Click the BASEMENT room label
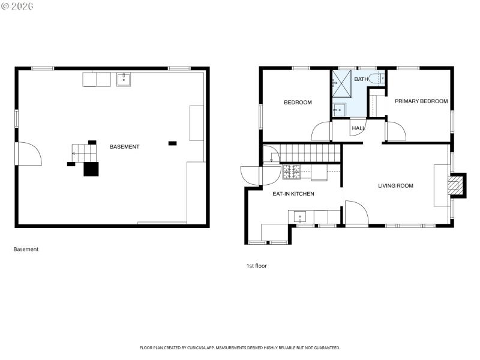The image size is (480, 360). (125, 147)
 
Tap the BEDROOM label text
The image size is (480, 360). (298, 103)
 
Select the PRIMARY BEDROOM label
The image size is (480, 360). (421, 101)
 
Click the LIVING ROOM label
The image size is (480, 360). (395, 186)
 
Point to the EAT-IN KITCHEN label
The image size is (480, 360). (293, 194)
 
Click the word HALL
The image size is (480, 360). (358, 128)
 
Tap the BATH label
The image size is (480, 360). (361, 79)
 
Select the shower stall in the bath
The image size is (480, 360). (341, 83)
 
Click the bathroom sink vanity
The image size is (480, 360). (339, 110)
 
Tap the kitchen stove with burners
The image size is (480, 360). (291, 172)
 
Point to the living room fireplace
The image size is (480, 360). (457, 185)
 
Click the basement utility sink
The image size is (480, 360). (124, 79)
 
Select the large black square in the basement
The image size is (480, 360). (90, 169)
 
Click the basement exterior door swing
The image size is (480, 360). (28, 154)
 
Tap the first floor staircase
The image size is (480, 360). (303, 152)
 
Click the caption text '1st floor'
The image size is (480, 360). (256, 266)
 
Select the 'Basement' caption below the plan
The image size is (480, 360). (26, 249)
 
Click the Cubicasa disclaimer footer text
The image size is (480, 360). (240, 347)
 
